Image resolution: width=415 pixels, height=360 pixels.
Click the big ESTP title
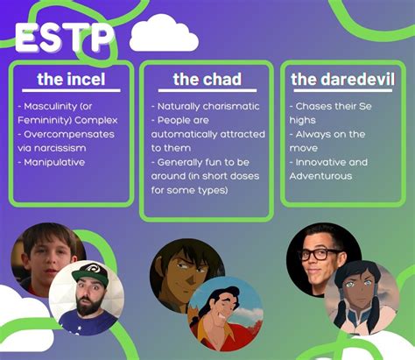64,38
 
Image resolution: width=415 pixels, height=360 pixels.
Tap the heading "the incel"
71,79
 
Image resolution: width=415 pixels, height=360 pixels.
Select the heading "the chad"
207,79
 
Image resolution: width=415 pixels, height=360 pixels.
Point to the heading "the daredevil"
342,79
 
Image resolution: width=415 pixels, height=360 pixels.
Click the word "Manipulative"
54,162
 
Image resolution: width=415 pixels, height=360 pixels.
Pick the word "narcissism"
60,148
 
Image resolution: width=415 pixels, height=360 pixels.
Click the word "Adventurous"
320,176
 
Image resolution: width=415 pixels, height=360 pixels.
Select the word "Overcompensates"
69,135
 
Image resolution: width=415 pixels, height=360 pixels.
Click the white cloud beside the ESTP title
164,33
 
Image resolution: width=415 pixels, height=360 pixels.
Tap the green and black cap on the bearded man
90,273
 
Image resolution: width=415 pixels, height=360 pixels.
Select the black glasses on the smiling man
318,254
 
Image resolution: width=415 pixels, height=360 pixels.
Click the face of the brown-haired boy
46,260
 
